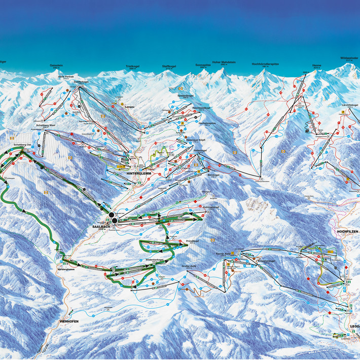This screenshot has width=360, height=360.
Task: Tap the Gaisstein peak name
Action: (x=56, y=65)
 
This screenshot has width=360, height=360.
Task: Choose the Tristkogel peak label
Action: (x=132, y=66)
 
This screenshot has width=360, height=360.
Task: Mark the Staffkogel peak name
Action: (x=168, y=66)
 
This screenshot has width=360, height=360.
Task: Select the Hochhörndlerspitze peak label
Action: (x=265, y=64)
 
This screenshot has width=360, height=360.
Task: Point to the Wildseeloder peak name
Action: (x=349, y=58)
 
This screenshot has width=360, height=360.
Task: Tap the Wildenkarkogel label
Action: (x=142, y=260)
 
